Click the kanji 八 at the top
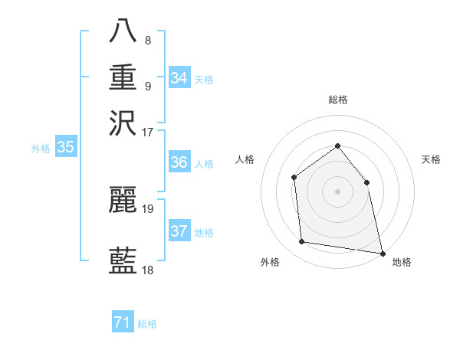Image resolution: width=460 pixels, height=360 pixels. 123,30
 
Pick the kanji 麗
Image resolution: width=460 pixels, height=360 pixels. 123,200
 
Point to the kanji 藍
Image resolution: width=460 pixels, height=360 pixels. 123,261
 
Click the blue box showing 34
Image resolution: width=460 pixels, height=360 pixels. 179,78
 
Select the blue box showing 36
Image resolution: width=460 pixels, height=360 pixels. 179,162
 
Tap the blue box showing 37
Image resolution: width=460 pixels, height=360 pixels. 179,231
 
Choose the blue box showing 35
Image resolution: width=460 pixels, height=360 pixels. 65,148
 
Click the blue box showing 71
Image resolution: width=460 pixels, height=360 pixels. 123,323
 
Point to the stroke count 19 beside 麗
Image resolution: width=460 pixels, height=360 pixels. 148,208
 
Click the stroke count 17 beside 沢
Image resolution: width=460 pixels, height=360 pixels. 148,131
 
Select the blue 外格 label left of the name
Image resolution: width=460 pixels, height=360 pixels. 41,149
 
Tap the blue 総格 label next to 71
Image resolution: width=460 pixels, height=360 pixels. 147,324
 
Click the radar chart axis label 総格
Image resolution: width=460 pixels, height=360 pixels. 337,100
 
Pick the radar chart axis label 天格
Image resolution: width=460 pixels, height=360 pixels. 431,159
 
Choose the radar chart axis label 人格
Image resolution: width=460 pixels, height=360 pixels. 245,159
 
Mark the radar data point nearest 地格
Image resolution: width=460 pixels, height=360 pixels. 382,252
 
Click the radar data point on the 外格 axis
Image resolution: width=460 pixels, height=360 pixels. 302,242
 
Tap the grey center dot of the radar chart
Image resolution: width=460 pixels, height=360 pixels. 337,191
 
